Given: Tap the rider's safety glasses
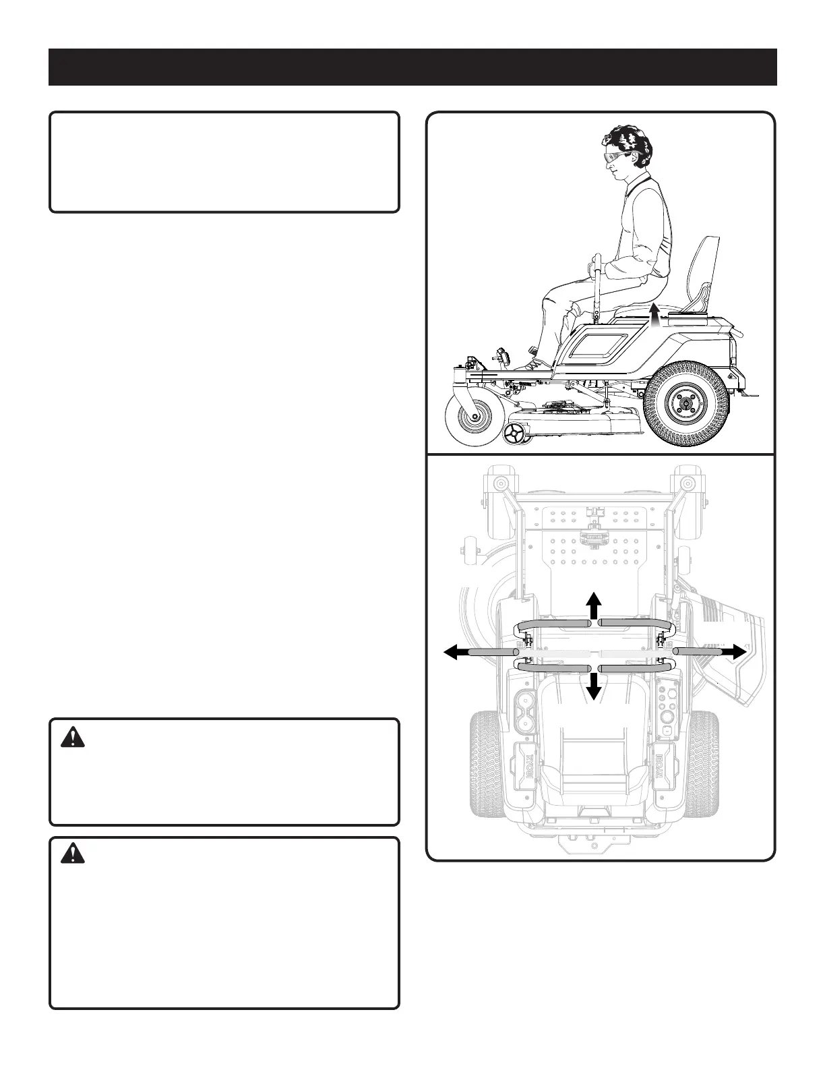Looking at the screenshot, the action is (615, 156).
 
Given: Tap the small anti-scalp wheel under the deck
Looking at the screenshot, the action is (517, 434).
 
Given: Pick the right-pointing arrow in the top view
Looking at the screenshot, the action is (735, 651).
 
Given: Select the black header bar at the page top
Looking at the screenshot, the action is (413, 67).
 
